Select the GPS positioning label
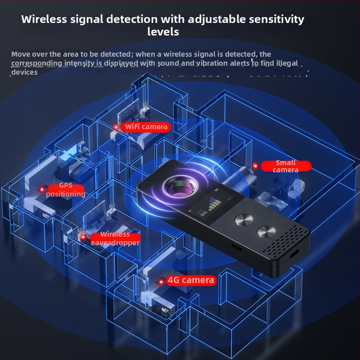[x=66, y=190]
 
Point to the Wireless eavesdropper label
[x=115, y=238]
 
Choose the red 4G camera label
[x=191, y=280]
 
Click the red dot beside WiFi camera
[x=116, y=127]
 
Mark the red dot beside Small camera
[x=255, y=166]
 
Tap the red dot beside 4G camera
[x=161, y=282]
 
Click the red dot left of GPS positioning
[x=42, y=189]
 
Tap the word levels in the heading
[x=163, y=32]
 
